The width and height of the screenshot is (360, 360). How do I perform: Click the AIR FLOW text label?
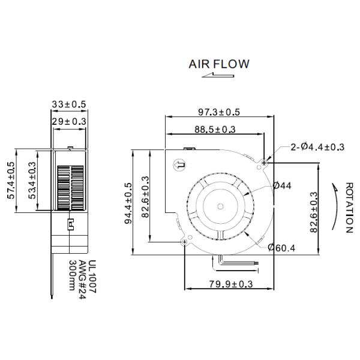[x=218, y=64]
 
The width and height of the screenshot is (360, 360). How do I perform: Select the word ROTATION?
[x=349, y=207]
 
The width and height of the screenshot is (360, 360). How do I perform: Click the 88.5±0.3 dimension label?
[x=214, y=129]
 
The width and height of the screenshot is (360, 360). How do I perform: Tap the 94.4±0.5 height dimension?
[x=126, y=203]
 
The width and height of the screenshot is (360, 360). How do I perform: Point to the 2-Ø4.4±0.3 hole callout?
[x=317, y=147]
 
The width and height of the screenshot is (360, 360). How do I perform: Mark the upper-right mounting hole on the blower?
[x=265, y=162]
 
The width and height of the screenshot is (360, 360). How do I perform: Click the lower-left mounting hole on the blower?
[x=184, y=241]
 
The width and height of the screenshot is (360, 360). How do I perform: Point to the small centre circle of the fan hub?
[x=220, y=206]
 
